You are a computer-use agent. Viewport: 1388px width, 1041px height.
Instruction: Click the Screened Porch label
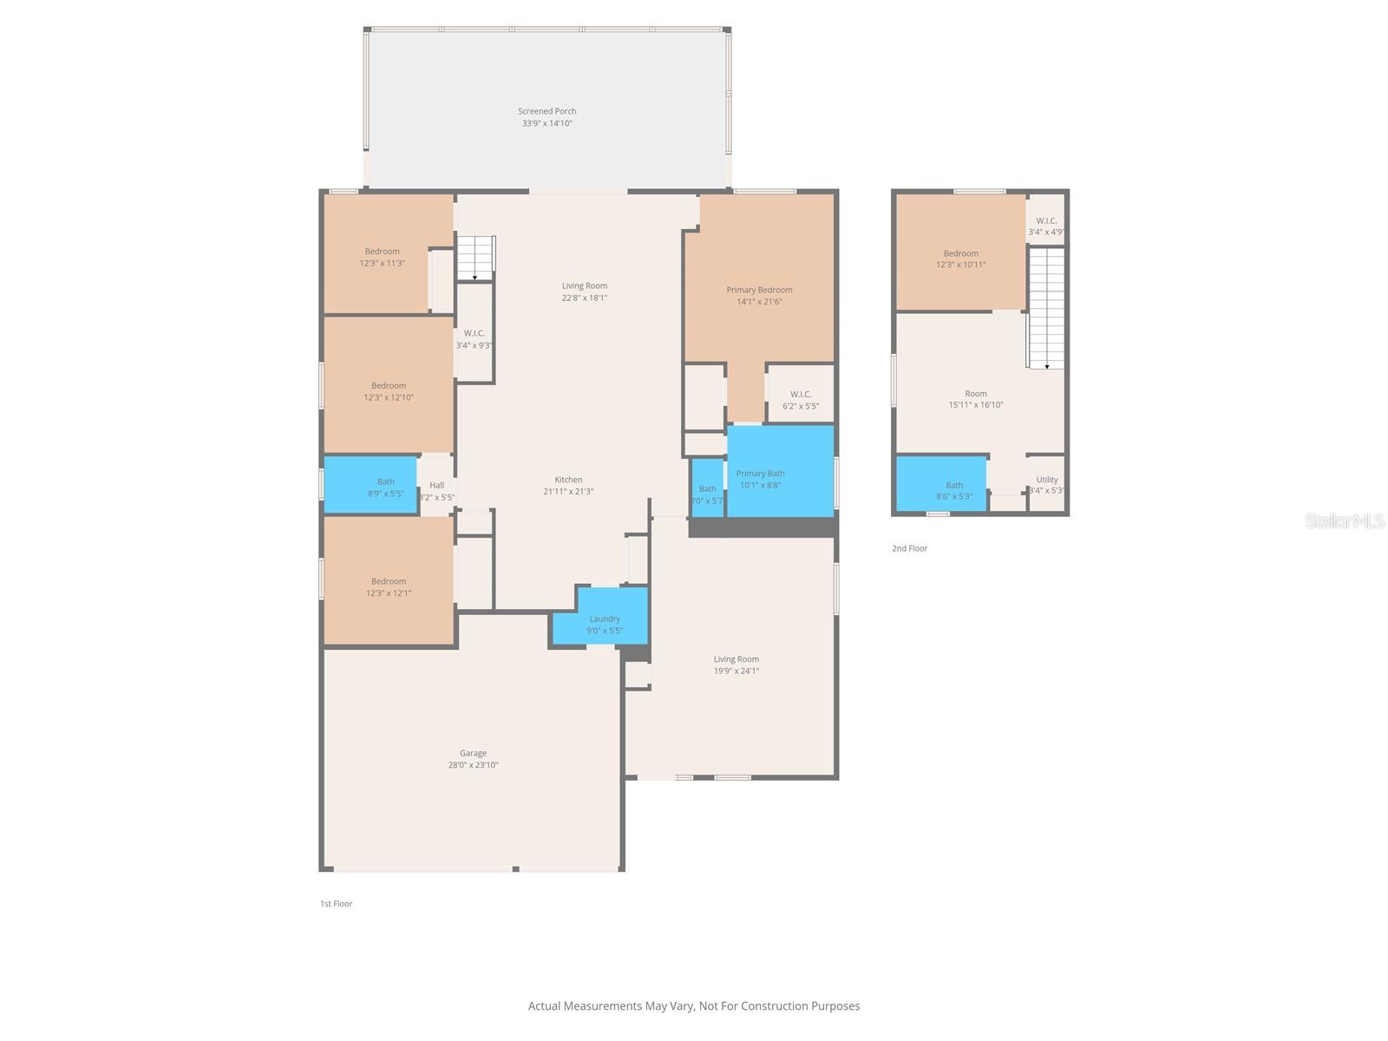(547, 111)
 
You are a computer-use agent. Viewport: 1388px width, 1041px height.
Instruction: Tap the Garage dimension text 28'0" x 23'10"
(473, 765)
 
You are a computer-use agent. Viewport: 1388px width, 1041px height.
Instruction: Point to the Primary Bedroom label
(759, 290)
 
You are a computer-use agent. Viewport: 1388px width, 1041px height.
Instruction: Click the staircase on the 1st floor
(475, 258)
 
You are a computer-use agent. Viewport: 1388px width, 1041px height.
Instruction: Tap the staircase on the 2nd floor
(1046, 308)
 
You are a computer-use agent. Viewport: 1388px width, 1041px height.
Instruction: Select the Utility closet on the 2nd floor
(1046, 484)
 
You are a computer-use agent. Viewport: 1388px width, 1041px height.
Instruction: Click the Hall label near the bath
(436, 486)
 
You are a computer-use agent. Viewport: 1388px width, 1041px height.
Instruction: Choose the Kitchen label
(569, 480)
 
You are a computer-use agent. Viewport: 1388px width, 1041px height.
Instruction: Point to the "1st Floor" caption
(336, 904)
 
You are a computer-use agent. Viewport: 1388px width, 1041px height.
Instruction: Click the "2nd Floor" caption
(909, 548)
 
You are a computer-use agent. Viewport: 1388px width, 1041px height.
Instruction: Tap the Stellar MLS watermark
(1345, 520)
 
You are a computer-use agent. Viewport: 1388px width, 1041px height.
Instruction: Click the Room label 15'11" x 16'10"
(976, 394)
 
